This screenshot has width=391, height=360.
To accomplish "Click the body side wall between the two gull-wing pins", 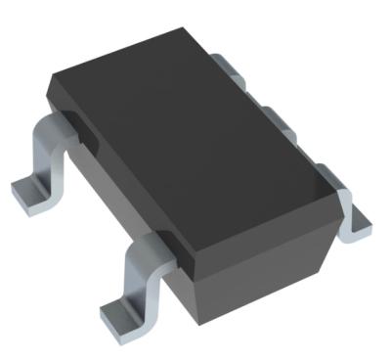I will (108, 186).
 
